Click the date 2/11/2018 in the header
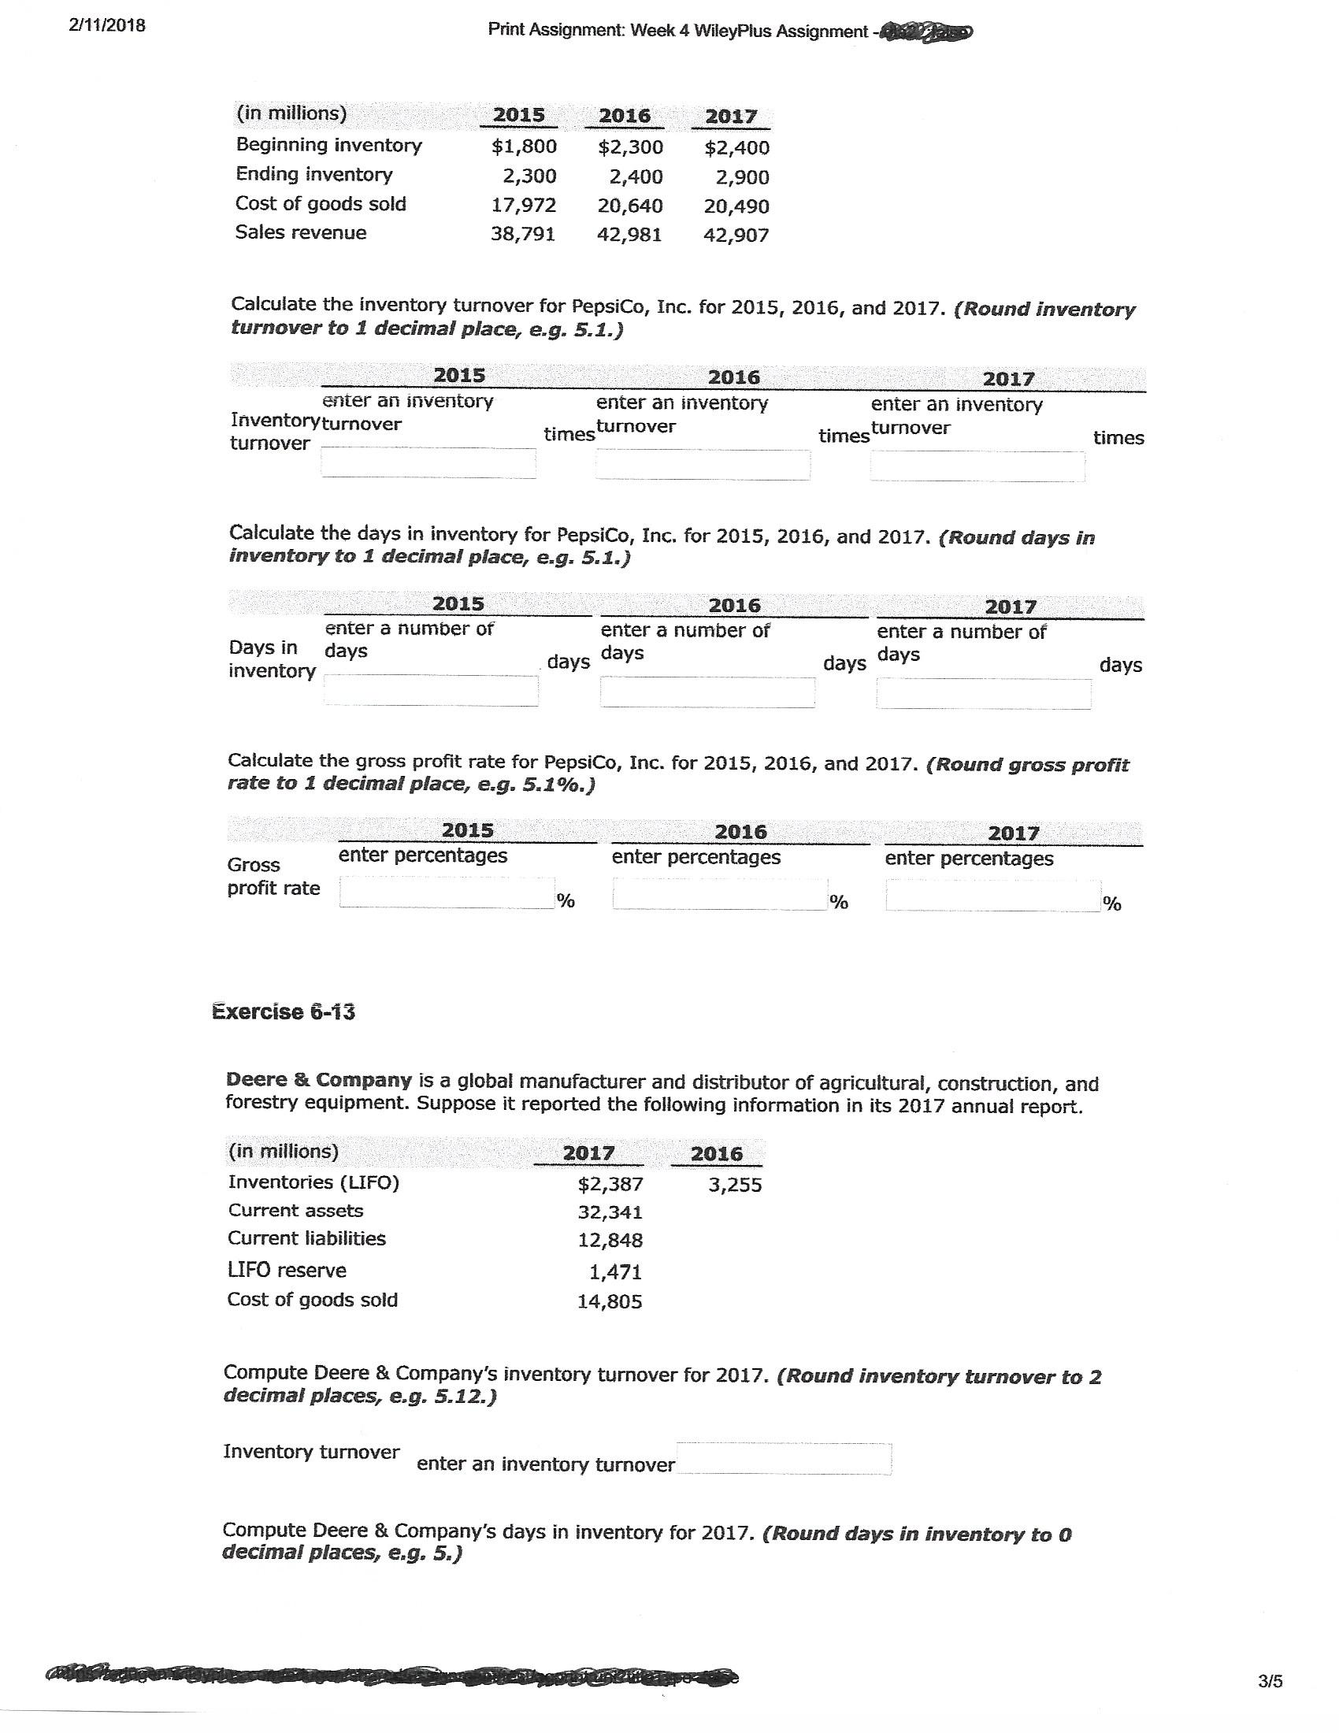click(x=107, y=25)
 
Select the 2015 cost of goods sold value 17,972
click(x=524, y=206)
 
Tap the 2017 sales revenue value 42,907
click(x=736, y=235)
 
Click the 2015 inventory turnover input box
click(x=428, y=462)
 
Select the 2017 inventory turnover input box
click(x=977, y=466)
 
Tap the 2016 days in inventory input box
click(x=707, y=692)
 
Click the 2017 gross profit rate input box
click(x=992, y=896)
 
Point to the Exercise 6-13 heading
click(x=284, y=1011)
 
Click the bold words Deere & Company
click(x=319, y=1080)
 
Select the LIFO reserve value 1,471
click(x=616, y=1272)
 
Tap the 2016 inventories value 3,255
click(x=735, y=1185)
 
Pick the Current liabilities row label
click(x=306, y=1238)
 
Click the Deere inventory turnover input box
click(x=783, y=1458)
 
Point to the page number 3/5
click(x=1270, y=1681)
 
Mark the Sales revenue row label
click(x=301, y=232)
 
